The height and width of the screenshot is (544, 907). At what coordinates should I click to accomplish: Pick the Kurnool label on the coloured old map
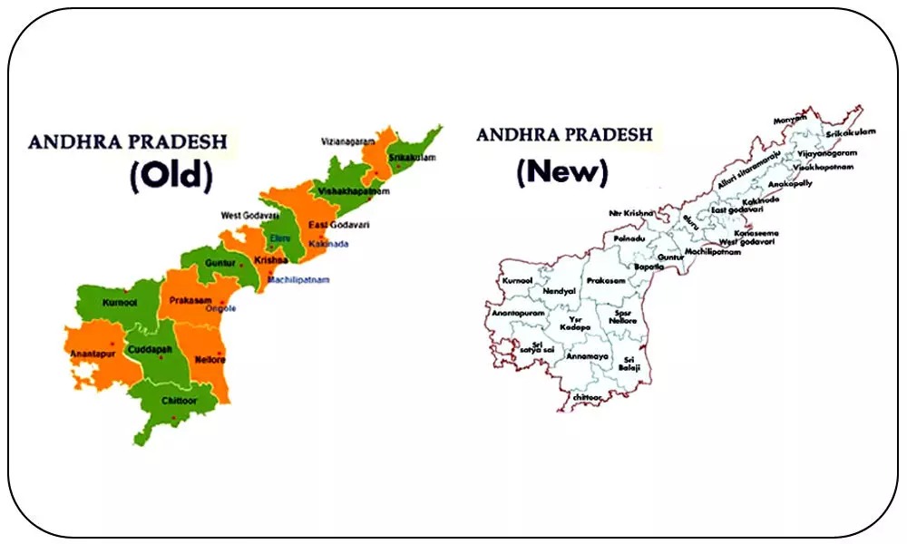[120, 302]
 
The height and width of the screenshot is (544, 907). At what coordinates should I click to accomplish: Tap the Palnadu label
[628, 238]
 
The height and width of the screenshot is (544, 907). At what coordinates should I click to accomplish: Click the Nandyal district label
[560, 290]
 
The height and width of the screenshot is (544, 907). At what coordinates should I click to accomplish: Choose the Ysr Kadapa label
[575, 324]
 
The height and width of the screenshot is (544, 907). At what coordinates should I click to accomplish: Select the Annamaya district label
[586, 356]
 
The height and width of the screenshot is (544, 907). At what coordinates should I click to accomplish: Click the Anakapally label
[790, 182]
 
